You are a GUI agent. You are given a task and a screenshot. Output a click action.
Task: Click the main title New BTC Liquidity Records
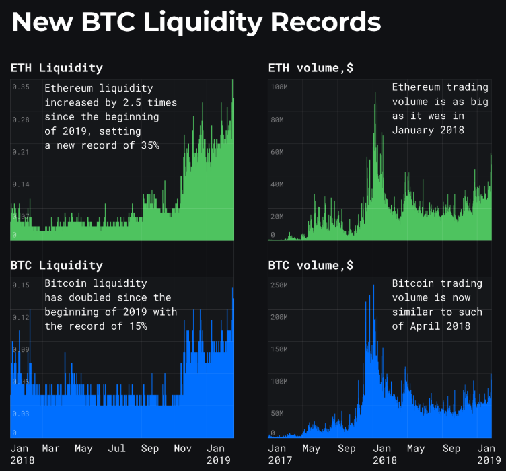[x=196, y=23]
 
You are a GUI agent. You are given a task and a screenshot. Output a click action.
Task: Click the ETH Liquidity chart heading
[x=57, y=67]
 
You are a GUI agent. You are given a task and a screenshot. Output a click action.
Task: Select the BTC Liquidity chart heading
[x=57, y=265]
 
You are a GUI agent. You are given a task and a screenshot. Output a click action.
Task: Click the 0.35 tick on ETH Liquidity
[x=20, y=87]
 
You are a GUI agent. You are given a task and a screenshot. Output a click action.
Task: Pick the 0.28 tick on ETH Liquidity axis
[x=20, y=120]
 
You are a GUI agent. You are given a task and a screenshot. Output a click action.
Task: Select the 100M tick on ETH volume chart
[x=279, y=87]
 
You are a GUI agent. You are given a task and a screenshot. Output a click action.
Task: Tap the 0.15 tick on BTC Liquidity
[x=20, y=285]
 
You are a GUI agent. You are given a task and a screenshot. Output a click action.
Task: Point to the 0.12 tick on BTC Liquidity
[x=20, y=318]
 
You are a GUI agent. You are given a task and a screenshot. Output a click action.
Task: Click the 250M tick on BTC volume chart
[x=279, y=285]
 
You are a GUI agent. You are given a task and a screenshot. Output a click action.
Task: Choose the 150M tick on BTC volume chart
[x=279, y=350]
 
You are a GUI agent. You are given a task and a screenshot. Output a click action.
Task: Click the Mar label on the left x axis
[x=50, y=449]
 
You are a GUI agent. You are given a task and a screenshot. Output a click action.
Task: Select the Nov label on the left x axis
[x=183, y=449]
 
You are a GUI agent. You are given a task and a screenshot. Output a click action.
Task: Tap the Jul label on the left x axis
[x=116, y=449]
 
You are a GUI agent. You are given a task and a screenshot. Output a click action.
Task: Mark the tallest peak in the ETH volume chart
[x=375, y=93]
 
